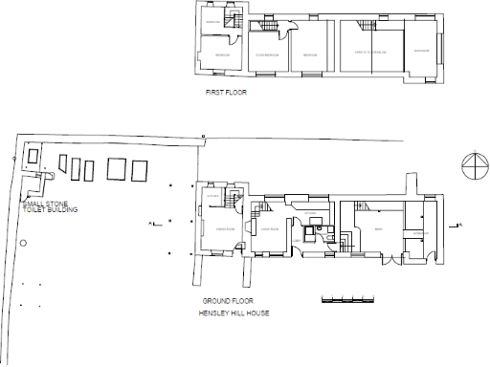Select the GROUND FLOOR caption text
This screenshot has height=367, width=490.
[x=221, y=301]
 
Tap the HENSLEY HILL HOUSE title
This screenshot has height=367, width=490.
[x=228, y=313]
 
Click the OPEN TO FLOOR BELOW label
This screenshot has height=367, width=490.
[x=368, y=54]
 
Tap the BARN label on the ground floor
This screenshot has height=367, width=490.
[x=380, y=228]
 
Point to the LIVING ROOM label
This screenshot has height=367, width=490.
[x=267, y=229]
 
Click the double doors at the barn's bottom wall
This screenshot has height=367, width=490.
[x=389, y=260]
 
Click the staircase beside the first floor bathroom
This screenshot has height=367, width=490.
[x=232, y=21]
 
